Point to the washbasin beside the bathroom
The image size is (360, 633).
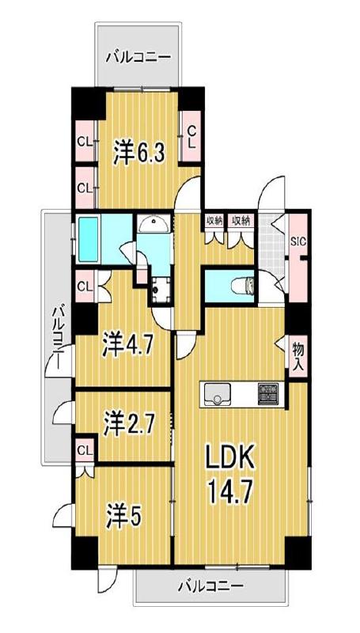(153, 226)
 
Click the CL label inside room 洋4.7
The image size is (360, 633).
(85, 282)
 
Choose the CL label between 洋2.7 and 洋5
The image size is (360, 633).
(83, 450)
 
